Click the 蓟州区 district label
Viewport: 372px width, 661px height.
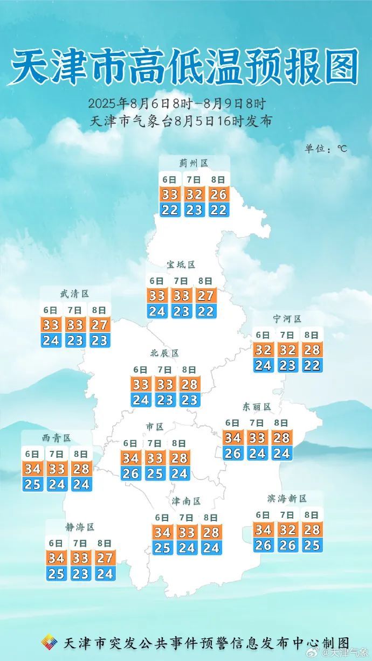[x=194, y=163]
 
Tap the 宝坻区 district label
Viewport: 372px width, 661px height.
[x=181, y=265]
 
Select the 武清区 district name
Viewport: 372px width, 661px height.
[x=74, y=294]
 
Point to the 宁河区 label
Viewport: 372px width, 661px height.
[x=287, y=319]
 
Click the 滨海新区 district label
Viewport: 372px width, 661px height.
[x=287, y=499]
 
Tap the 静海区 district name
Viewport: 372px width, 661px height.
[x=80, y=527]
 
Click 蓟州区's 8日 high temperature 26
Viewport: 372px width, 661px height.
[x=218, y=194]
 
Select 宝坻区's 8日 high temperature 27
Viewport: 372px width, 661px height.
[x=205, y=296]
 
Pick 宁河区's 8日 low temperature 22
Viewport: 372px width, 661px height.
[x=312, y=365]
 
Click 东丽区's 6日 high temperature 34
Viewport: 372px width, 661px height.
[x=233, y=437]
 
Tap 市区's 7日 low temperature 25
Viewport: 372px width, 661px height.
[x=155, y=474]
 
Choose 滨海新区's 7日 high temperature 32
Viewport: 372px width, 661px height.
[x=288, y=530]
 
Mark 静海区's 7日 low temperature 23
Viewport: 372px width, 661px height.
[x=80, y=574]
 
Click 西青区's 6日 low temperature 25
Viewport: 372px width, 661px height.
[x=32, y=484]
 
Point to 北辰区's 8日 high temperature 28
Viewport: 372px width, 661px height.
[x=189, y=385]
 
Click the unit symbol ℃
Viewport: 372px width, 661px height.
[x=342, y=148]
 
